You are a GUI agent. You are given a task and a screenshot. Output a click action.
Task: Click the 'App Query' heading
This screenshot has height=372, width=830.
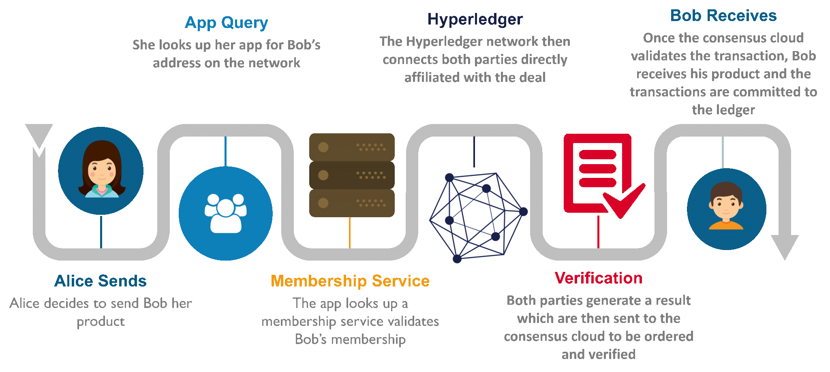226,23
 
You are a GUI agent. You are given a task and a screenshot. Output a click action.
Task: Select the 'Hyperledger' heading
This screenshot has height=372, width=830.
475,19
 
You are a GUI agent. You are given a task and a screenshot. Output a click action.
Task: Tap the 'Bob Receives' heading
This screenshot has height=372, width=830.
723,15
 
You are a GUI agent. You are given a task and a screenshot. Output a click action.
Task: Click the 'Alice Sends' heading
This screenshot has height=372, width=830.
101,281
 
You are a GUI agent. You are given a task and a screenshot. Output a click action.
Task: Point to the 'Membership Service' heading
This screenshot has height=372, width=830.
350,281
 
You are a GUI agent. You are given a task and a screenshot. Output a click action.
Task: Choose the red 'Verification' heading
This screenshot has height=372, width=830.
599,278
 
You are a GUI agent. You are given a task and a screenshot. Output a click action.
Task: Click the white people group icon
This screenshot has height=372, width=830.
226,213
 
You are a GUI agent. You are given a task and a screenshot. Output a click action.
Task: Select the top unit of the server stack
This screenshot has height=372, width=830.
352,147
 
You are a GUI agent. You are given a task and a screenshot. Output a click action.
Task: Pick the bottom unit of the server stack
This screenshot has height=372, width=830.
352,203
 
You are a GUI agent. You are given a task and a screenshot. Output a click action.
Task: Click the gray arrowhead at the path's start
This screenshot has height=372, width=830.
39,136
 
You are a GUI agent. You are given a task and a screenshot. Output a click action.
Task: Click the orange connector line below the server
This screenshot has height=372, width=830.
350,233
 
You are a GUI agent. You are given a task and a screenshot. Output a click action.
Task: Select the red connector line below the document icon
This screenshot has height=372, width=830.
599,232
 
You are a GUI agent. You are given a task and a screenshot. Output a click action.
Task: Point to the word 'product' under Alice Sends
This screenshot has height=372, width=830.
101,321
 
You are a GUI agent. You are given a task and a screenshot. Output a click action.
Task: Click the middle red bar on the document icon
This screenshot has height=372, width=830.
598,169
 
